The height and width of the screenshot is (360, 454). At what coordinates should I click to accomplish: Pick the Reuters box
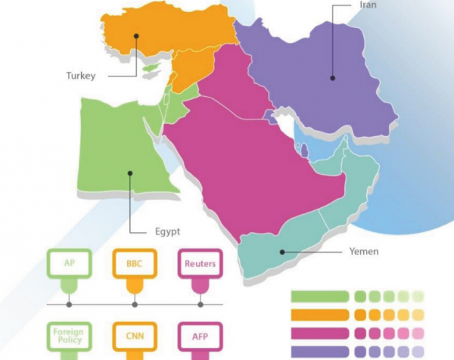coord(200,264)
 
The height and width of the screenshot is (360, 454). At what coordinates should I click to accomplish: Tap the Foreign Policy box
coord(69,335)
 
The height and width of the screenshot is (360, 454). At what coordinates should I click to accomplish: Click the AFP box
coord(200,335)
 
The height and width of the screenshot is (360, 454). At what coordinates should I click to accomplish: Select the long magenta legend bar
coord(319,332)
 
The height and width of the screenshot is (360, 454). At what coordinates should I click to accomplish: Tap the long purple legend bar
coord(319,350)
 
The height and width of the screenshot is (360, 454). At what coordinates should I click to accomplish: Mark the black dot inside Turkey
coord(136,33)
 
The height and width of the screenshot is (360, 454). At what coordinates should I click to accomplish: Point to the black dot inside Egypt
coord(130,172)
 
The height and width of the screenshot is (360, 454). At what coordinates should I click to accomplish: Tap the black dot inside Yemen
coord(281,252)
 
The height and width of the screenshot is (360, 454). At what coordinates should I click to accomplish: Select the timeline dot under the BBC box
coord(135,304)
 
